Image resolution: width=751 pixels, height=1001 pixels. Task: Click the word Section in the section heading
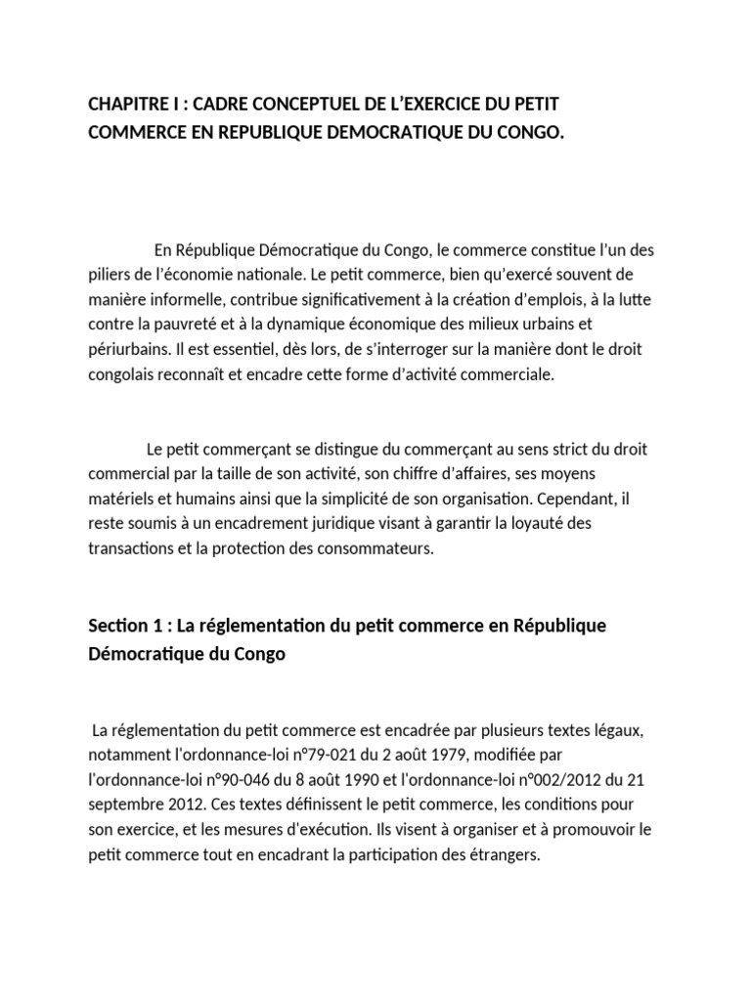(x=116, y=626)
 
